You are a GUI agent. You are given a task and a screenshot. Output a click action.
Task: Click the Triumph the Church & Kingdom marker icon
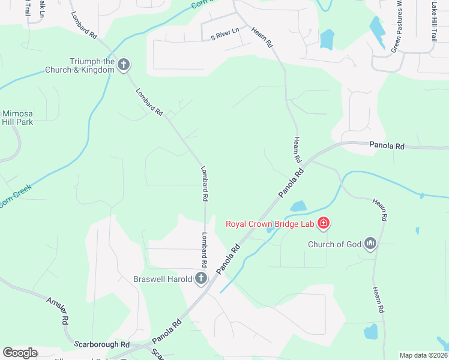pyautogui.click(x=124, y=65)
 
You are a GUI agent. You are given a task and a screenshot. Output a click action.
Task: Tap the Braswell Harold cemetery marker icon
pyautogui.click(x=200, y=278)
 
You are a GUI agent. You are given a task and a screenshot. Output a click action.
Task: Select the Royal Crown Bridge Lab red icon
pyautogui.click(x=324, y=224)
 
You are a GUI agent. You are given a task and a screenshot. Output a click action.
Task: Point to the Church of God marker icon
pyautogui.click(x=370, y=244)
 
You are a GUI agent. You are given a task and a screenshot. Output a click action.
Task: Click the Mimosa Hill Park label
pyautogui.click(x=17, y=117)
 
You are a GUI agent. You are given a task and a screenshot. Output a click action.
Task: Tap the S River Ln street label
pyautogui.click(x=224, y=37)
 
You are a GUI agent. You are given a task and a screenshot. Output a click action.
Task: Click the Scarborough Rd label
pyautogui.click(x=102, y=344)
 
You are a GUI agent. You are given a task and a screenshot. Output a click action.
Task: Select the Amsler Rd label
pyautogui.click(x=57, y=311)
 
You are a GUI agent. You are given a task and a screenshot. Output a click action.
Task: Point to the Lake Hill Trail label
pyautogui.click(x=433, y=20)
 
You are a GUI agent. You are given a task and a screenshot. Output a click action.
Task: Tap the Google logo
pyautogui.click(x=20, y=353)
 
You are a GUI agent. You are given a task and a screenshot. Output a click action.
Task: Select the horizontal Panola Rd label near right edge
pyautogui.click(x=387, y=145)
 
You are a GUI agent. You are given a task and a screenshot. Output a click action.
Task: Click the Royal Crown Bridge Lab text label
pyautogui.click(x=270, y=224)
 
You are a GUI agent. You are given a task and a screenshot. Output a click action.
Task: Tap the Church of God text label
pyautogui.click(x=335, y=244)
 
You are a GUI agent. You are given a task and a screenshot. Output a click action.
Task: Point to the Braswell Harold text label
pyautogui.click(x=162, y=278)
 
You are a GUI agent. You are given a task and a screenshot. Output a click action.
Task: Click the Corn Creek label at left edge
pyautogui.click(x=15, y=196)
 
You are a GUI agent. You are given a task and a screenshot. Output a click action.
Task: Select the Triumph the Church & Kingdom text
pyautogui.click(x=79, y=65)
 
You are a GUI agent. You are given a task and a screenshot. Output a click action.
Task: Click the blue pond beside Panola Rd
pyautogui.click(x=298, y=207)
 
